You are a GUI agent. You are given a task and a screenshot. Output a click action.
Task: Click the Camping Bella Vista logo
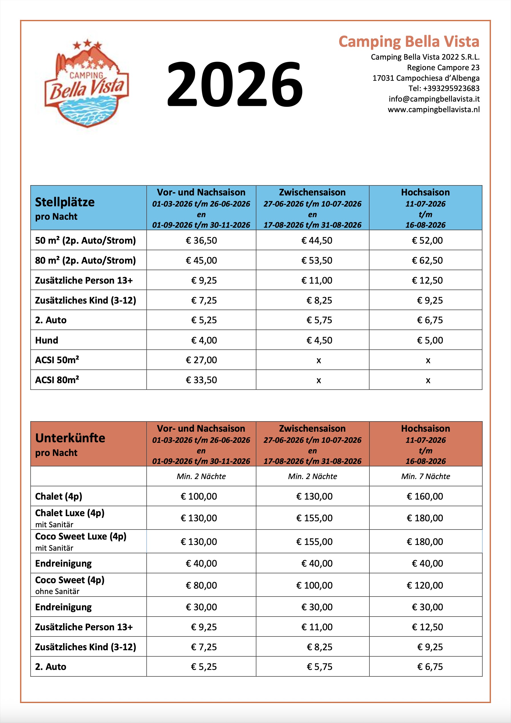click(86, 83)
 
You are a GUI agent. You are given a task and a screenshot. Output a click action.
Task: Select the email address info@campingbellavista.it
click(434, 99)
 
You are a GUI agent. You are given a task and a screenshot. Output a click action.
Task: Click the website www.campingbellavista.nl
click(434, 110)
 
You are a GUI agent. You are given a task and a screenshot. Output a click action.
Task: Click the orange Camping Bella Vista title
click(409, 42)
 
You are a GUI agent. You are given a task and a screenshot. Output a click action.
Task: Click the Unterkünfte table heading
click(70, 438)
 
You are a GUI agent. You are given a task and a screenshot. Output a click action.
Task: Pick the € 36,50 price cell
click(201, 241)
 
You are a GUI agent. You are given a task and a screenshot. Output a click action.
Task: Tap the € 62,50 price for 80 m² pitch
click(427, 260)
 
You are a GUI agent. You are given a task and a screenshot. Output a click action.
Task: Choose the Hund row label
click(47, 340)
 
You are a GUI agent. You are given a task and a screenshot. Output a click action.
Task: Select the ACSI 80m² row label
click(57, 380)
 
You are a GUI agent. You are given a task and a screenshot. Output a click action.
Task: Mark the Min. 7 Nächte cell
click(425, 476)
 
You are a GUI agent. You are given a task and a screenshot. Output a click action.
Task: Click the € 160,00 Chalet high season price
click(425, 496)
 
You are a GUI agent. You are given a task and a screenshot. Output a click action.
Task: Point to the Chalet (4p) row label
click(59, 496)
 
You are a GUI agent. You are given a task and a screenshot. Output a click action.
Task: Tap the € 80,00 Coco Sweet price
click(201, 585)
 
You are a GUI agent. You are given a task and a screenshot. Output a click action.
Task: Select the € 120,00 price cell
click(425, 585)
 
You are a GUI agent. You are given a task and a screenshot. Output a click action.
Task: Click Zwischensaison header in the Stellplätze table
click(312, 192)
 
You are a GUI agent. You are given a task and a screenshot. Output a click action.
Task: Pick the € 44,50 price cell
click(317, 241)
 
